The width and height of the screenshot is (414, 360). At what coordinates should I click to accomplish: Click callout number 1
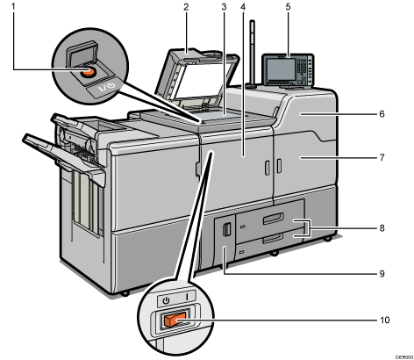point(13,6)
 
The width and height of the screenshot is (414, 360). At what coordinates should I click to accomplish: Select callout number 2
point(186,6)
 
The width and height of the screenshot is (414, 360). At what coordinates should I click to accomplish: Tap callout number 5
point(288,6)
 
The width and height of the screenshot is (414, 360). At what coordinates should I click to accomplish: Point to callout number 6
point(382,113)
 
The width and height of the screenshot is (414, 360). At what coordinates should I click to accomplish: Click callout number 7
point(382,157)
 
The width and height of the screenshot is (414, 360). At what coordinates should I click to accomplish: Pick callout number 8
point(382,227)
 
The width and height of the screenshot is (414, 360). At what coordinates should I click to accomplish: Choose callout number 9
point(382,273)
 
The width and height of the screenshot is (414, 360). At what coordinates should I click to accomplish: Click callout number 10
point(385,320)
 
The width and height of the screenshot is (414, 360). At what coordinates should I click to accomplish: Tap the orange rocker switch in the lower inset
point(175,320)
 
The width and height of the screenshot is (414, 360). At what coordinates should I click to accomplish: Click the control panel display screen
point(281,69)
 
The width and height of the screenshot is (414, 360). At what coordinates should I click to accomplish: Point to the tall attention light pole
point(253,54)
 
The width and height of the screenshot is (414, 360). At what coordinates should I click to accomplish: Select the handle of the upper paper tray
point(274,218)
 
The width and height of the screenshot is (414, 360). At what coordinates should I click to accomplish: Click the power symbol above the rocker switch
point(166,300)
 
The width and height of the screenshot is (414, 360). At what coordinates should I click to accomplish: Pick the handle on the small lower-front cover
point(226,229)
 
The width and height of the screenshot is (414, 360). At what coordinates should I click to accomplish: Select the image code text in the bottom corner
point(404,357)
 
